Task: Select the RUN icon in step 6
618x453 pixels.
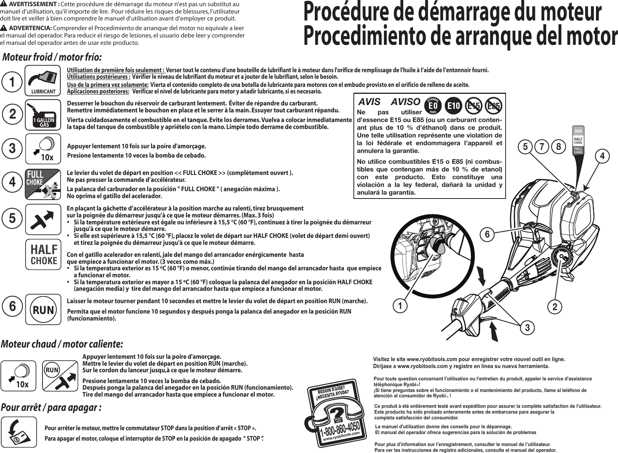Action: click(x=43, y=309)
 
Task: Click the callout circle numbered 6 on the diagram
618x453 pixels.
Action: click(x=487, y=234)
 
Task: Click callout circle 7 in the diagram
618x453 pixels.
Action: click(x=542, y=147)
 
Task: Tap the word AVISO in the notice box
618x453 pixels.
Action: click(x=406, y=102)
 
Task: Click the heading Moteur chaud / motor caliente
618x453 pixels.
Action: click(x=63, y=343)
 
